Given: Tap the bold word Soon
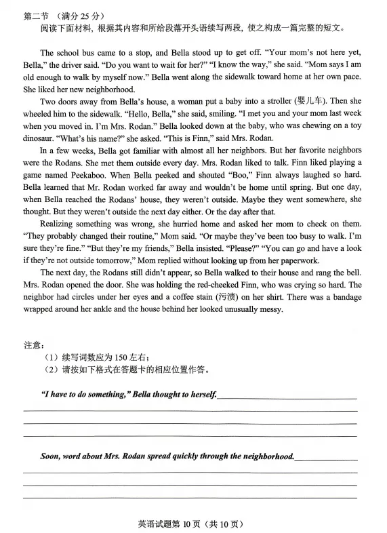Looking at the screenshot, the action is point(52,456).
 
